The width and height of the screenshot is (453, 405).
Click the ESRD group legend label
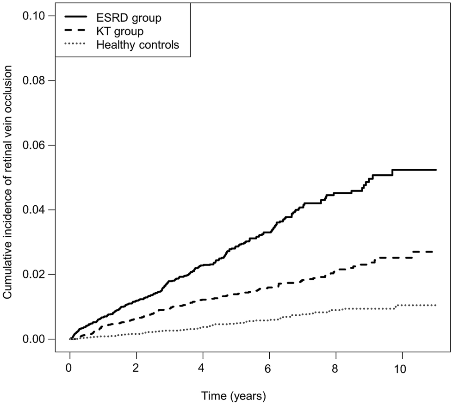[x=125, y=19]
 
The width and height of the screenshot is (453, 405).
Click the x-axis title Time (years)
[x=234, y=396]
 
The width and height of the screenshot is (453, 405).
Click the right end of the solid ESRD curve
[x=436, y=170]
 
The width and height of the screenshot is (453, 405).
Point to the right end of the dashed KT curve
[x=432, y=252]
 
